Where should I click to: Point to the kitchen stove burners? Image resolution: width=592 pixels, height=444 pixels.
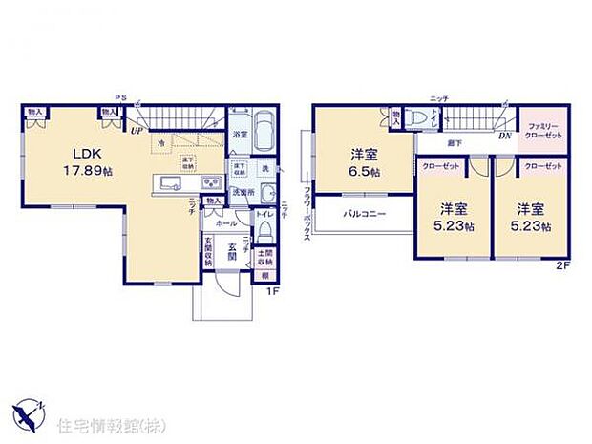click(209, 183)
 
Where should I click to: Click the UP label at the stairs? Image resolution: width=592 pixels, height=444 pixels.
click(137, 130)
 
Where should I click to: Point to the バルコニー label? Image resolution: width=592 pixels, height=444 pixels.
click(364, 214)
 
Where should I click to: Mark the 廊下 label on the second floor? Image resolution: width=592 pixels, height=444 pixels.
click(454, 141)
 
